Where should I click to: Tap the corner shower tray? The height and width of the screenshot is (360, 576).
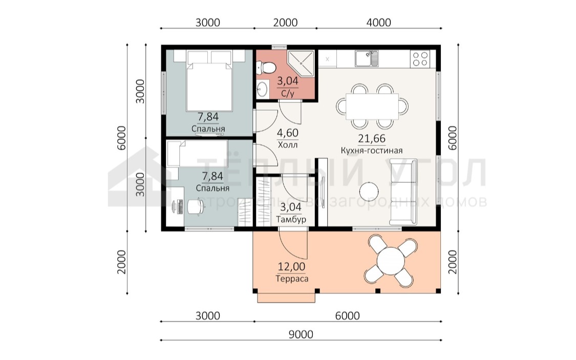[301, 63]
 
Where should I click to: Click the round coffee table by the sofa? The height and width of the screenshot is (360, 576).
[369, 192]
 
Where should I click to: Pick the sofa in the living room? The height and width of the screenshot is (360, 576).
[403, 192]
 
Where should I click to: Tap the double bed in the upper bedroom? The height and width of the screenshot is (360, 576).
[209, 81]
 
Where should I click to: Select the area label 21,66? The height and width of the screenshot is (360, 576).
[372, 138]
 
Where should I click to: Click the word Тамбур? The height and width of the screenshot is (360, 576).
[291, 220]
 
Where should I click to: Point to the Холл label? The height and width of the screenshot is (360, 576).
[288, 145]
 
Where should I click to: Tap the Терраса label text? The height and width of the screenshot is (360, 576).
[292, 279]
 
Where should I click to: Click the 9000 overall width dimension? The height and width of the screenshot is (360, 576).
[301, 335]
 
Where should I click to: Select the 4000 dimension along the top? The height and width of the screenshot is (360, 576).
[379, 23]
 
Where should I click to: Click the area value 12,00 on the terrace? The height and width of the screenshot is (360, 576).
[291, 267]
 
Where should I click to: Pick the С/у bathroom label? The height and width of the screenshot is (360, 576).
[288, 93]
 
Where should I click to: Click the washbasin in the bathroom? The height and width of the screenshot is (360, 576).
[262, 89]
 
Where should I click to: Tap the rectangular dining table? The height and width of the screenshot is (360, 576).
[372, 106]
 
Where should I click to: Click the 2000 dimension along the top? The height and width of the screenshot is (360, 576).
[285, 23]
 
